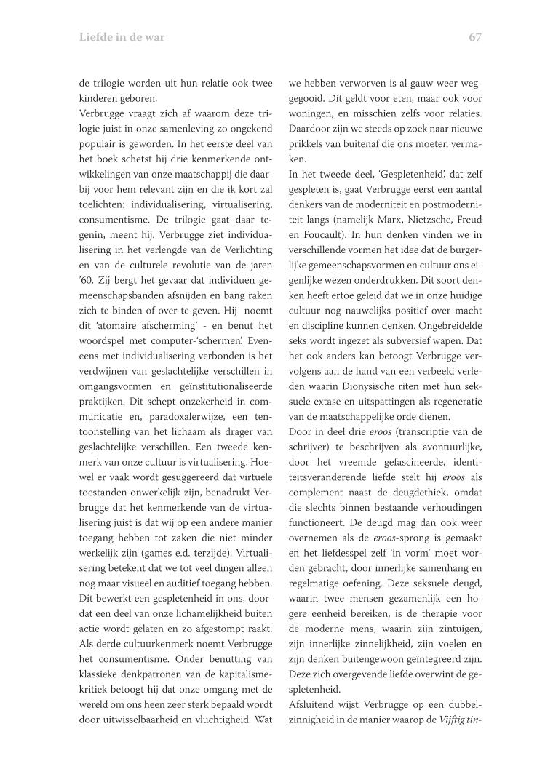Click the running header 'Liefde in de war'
122,37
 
